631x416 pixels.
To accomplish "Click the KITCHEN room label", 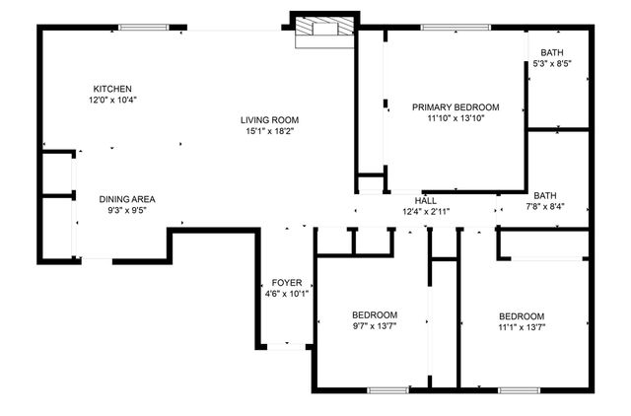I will point(112,89).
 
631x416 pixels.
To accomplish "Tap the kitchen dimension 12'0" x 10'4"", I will point(112,100).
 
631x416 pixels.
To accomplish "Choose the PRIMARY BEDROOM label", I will point(456,107).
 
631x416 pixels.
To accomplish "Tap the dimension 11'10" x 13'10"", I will point(456,118).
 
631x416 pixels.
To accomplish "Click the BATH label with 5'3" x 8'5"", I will point(552,53).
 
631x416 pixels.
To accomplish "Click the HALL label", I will point(426,200).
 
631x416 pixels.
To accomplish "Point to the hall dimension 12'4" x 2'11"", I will point(426,211).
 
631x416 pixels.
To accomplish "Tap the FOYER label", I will point(287,283).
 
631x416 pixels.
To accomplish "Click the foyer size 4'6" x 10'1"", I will point(287,294).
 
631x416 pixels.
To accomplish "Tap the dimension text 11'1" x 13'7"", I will point(522,326).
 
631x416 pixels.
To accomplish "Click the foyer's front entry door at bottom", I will point(287,347).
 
